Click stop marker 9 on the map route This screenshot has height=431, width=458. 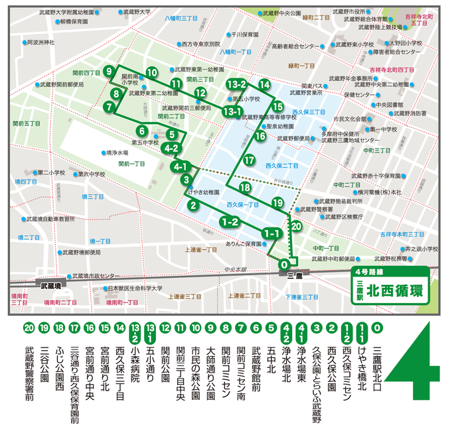tap(109, 72)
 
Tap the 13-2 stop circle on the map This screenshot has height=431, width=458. tap(236, 85)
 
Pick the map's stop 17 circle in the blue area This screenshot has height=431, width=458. tap(249, 160)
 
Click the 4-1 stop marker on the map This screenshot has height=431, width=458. tap(181, 166)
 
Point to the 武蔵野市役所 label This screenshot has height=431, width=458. tap(346, 12)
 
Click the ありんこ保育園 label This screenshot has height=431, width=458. tap(242, 244)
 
